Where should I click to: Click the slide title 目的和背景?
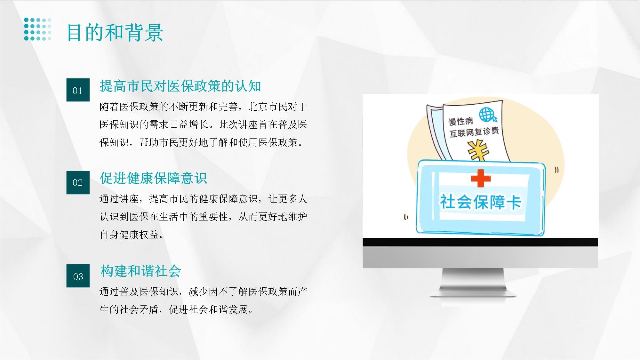115,33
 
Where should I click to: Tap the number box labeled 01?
78,90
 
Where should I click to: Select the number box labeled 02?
78,182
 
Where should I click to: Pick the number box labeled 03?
78,276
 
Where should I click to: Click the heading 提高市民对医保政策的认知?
180,86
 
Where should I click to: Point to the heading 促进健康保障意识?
153,178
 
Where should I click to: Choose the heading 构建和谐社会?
140,271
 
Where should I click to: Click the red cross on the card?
481,178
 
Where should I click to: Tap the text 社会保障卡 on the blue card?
481,202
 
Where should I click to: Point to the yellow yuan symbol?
478,150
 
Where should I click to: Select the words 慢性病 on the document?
461,121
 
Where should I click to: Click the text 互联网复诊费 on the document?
474,132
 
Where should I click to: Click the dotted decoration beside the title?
37,29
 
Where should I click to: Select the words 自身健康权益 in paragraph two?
129,235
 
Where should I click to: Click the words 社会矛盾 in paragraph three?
139,309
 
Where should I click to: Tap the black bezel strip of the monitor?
480,242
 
